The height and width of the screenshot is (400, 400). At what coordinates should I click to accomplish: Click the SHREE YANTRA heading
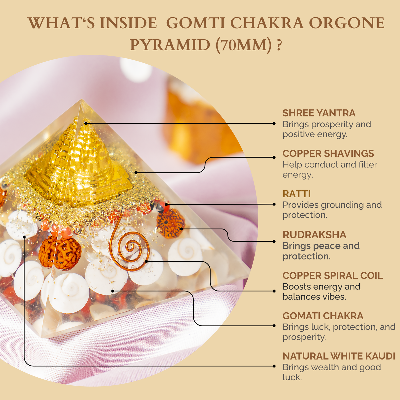click(319, 113)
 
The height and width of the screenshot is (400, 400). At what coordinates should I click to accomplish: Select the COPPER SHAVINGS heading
click(328, 154)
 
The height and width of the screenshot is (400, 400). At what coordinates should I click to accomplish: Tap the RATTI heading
click(296, 194)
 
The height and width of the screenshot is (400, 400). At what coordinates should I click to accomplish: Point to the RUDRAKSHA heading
click(314, 235)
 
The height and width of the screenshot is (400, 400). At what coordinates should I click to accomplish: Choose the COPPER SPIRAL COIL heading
click(333, 276)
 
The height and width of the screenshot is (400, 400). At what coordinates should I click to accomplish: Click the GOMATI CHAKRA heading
click(323, 316)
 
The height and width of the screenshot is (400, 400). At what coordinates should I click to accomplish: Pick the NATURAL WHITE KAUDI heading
click(339, 356)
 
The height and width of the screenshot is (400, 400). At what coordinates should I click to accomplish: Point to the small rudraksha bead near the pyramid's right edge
click(170, 223)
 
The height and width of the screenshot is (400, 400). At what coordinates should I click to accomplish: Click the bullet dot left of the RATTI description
click(274, 204)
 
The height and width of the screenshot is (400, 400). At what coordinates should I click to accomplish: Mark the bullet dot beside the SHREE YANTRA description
click(274, 123)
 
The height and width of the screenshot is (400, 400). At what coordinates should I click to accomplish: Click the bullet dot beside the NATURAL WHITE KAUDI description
click(274, 366)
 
